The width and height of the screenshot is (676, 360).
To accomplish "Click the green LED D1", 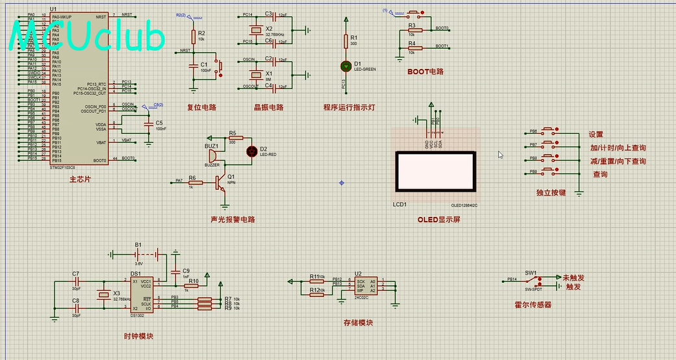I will pos(346,66).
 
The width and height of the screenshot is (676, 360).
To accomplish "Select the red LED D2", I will pos(252,151).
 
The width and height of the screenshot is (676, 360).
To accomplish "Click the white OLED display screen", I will pos(434,172).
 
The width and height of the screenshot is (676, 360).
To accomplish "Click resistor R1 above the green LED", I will pos(346,41).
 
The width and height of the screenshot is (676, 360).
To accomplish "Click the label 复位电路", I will pos(201,107).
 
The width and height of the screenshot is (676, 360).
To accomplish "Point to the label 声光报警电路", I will pos(232,220).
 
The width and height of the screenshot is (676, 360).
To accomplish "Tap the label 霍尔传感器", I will pos(532,304).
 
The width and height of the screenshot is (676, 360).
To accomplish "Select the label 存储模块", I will pos(358,322).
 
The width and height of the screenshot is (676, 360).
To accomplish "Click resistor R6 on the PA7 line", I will pos(192,181).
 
